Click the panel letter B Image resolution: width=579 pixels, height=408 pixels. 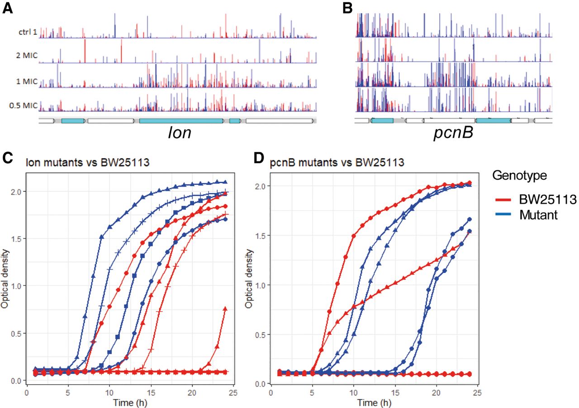coord(347,9)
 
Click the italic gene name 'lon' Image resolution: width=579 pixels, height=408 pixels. coord(177,134)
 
